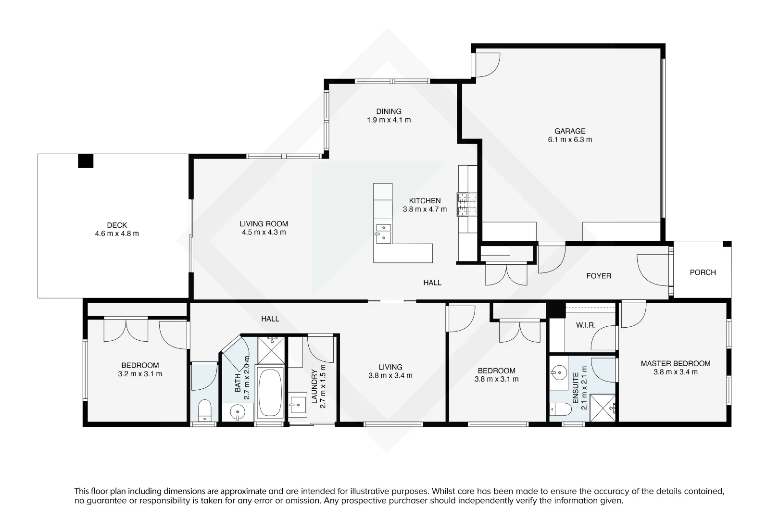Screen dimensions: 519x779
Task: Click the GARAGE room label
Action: [570, 131]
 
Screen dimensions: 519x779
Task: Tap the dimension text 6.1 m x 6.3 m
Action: [570, 140]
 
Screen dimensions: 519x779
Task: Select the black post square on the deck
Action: [86, 161]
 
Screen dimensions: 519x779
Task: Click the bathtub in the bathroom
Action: [271, 393]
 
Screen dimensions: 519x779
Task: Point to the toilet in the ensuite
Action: [561, 409]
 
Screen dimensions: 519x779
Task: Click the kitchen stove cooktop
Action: [467, 204]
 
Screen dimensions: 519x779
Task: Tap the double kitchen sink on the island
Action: [383, 232]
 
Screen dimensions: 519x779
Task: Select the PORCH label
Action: [703, 272]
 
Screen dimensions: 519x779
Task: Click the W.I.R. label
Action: [586, 325]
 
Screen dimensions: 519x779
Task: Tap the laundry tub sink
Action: [297, 403]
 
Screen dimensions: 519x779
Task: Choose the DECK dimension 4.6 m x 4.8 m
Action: [117, 234]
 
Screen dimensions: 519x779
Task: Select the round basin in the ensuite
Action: [559, 372]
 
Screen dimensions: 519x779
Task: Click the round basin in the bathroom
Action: [237, 412]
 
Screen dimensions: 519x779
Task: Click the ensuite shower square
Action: [603, 408]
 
